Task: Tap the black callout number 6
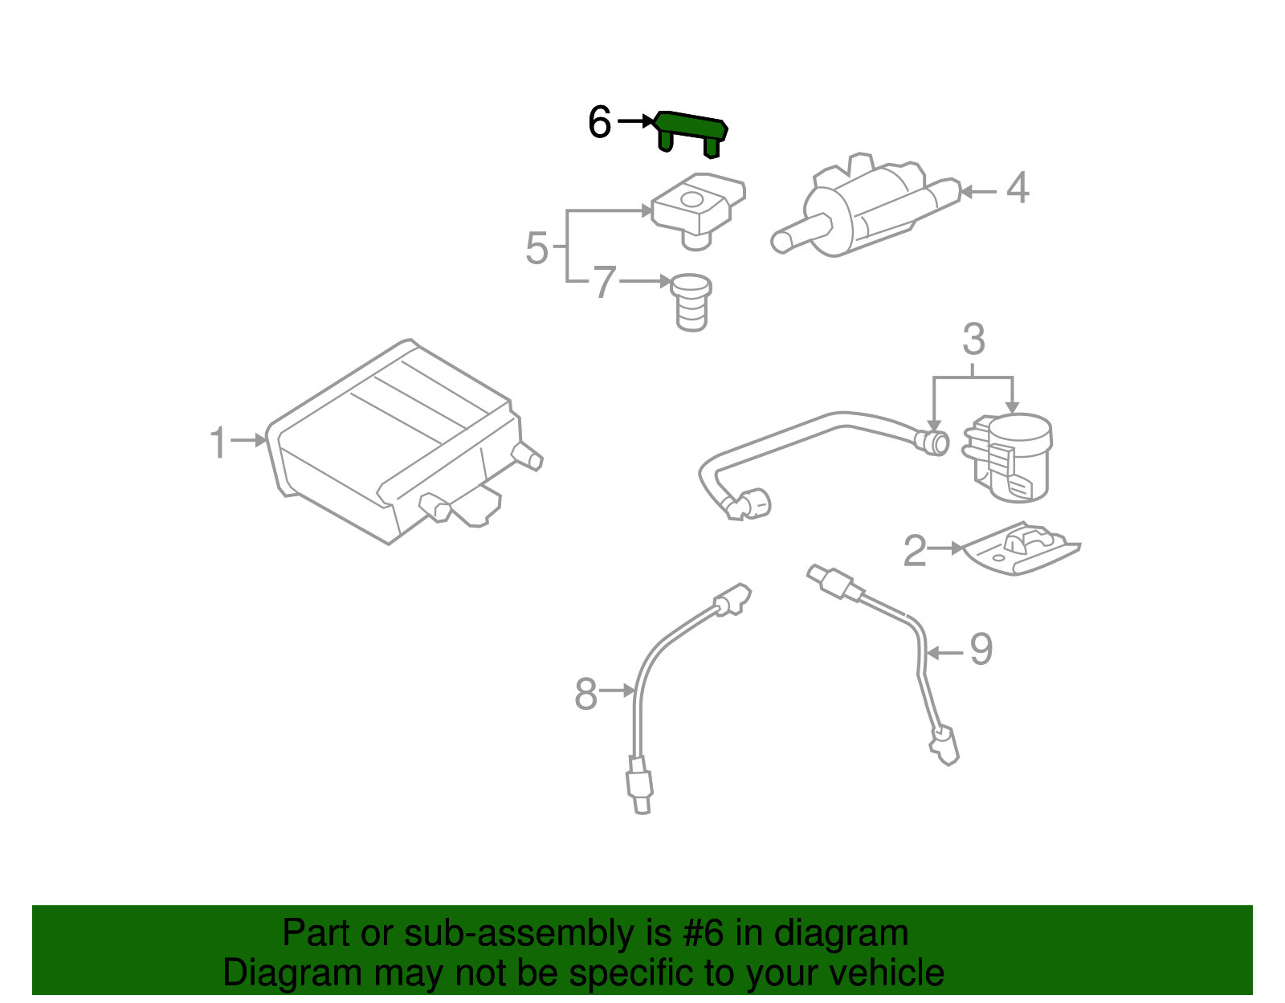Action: pos(600,123)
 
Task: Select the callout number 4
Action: pos(1018,189)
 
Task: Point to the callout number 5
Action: pos(536,248)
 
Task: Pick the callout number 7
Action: pos(605,283)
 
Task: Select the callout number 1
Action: pos(218,443)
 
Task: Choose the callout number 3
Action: pos(973,340)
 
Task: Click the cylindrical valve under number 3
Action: pos(1014,458)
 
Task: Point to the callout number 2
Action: pos(915,552)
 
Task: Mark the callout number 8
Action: pos(586,694)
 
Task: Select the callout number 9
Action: pos(981,649)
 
